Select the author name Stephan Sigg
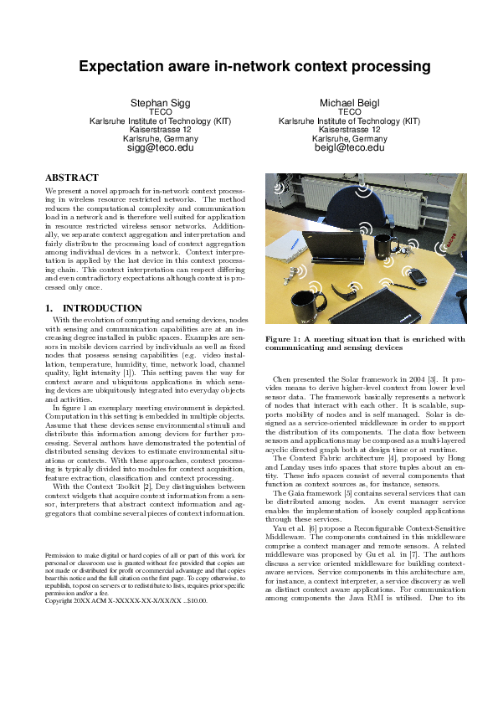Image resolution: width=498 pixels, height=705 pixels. click(x=160, y=102)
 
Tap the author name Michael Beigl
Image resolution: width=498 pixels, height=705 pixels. click(x=349, y=102)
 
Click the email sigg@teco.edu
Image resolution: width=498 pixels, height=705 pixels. click(x=160, y=147)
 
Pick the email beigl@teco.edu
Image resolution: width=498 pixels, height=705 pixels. click(x=349, y=147)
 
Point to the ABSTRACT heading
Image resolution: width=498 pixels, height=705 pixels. click(x=69, y=178)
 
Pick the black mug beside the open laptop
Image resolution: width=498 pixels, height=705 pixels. click(x=386, y=245)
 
